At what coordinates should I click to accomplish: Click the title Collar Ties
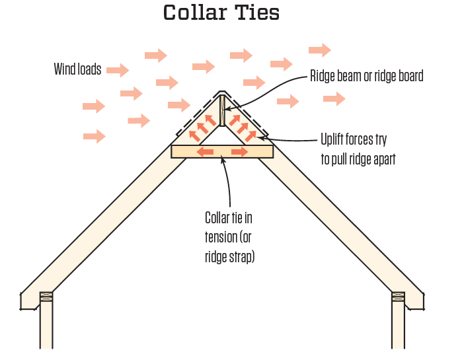point(221,13)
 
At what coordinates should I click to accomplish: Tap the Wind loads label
point(77,69)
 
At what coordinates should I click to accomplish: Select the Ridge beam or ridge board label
point(367,76)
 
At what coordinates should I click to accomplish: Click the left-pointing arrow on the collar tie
point(206,152)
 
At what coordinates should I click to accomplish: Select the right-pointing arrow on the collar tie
point(239,152)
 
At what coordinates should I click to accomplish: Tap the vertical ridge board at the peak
point(223,110)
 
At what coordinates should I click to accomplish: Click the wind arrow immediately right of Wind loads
point(117,70)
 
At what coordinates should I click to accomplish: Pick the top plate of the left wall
point(46,297)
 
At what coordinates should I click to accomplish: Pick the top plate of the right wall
point(399,297)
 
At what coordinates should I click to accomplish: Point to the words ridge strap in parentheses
point(230,257)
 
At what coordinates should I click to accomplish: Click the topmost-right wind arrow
point(319,50)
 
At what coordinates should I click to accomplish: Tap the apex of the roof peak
point(223,92)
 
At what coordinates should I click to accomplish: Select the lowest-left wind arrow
point(95,137)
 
